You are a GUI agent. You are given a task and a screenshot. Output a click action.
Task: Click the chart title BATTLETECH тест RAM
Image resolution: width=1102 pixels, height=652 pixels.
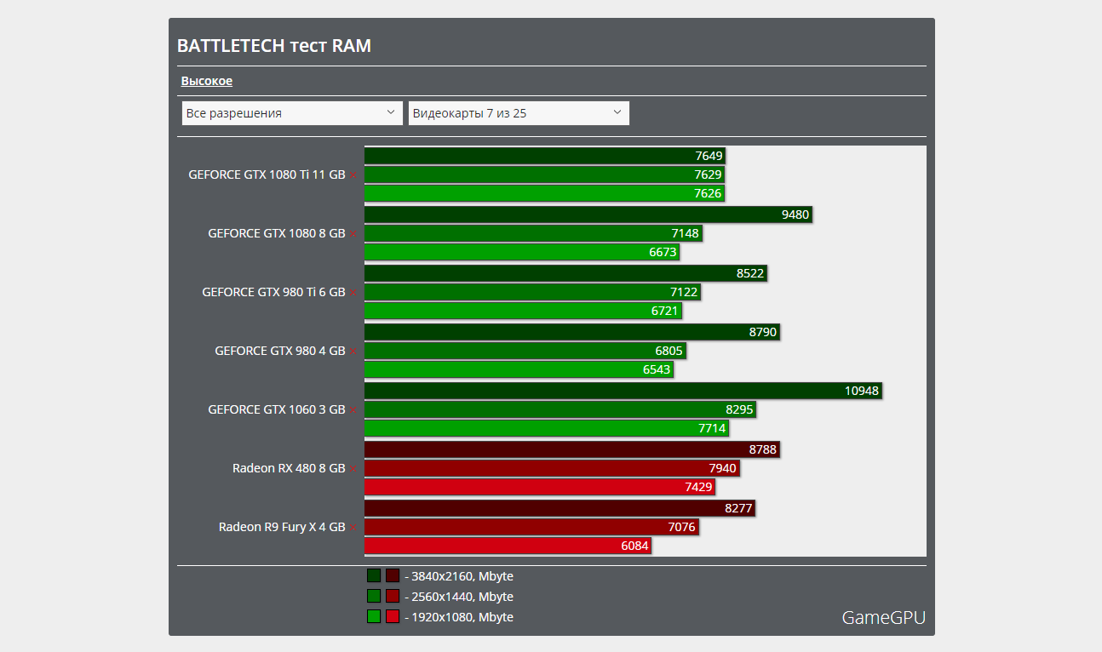(273, 46)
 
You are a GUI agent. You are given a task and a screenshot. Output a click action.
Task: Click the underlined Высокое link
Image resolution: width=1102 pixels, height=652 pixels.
(206, 81)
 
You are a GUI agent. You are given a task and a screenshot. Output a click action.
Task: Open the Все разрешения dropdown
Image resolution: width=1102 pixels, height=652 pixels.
(292, 113)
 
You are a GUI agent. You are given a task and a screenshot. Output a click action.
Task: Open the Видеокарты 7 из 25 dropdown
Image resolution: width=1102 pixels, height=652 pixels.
(519, 113)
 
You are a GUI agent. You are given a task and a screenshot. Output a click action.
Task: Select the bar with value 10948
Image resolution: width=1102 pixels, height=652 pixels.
(622, 391)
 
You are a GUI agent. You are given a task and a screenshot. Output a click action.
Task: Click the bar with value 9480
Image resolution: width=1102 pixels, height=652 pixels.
(588, 214)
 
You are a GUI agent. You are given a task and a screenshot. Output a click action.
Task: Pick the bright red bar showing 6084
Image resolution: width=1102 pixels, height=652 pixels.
(508, 546)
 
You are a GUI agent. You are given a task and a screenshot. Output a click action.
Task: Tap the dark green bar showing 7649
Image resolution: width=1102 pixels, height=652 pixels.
(544, 156)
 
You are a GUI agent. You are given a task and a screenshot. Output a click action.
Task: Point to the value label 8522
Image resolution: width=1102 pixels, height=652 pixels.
(750, 273)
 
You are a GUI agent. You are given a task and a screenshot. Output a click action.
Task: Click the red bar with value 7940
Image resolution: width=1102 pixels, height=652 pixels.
(551, 468)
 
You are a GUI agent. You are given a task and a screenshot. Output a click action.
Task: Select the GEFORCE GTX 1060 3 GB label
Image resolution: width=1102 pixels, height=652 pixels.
(277, 409)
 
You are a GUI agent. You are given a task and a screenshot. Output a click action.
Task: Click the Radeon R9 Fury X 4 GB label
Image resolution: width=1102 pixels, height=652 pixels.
(282, 527)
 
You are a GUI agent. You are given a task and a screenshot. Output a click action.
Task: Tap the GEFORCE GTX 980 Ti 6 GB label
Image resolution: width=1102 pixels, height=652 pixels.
(273, 292)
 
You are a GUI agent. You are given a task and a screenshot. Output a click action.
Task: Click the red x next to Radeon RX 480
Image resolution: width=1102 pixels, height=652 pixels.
(353, 469)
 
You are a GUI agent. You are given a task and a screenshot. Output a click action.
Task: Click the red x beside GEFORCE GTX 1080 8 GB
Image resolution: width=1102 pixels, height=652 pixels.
(353, 234)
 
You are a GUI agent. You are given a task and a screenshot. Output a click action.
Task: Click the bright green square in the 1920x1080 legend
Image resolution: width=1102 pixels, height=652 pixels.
(374, 617)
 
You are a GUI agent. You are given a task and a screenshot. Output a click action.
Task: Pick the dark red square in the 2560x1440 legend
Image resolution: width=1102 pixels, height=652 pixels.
(393, 597)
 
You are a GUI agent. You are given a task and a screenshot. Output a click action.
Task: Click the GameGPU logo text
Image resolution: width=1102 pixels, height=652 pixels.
(883, 618)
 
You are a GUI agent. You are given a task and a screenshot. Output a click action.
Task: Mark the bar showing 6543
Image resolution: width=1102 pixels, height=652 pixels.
(518, 369)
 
